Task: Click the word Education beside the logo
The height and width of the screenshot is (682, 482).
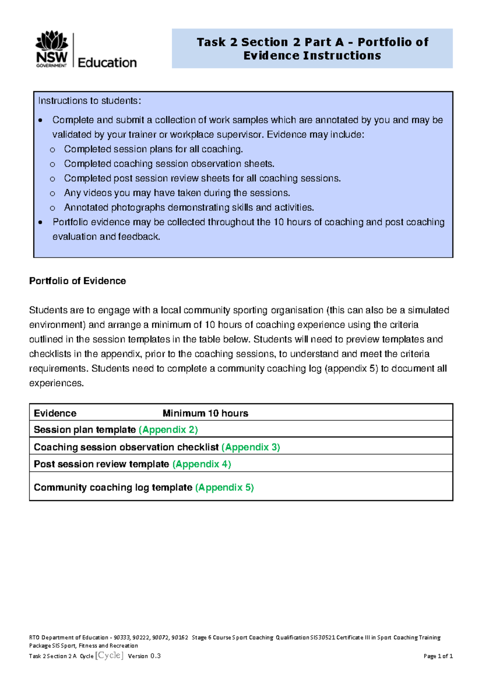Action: (x=107, y=63)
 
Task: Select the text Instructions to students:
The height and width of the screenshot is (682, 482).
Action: (x=90, y=101)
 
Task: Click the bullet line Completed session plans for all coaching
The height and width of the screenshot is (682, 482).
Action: (x=153, y=149)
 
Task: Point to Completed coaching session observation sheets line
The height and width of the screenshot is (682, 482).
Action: (x=169, y=164)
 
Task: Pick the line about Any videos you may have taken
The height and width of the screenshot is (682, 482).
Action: (x=177, y=193)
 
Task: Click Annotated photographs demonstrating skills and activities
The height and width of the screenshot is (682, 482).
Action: (x=189, y=207)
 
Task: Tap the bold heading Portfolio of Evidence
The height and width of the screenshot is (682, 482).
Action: (x=78, y=281)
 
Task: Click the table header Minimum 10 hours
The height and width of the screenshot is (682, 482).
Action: (x=205, y=413)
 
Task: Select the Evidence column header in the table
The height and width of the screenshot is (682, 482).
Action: (x=55, y=413)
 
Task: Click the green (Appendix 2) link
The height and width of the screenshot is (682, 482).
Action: (x=168, y=430)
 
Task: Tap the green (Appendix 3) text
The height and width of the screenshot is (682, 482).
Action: (x=251, y=447)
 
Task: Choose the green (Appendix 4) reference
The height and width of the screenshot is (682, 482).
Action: (x=202, y=464)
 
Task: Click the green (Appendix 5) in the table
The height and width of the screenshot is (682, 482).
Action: (x=225, y=487)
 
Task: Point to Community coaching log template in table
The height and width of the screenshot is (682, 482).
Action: (x=113, y=487)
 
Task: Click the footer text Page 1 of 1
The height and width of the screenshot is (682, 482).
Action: (x=438, y=656)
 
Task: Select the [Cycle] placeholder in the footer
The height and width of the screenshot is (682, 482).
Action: (x=109, y=655)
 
